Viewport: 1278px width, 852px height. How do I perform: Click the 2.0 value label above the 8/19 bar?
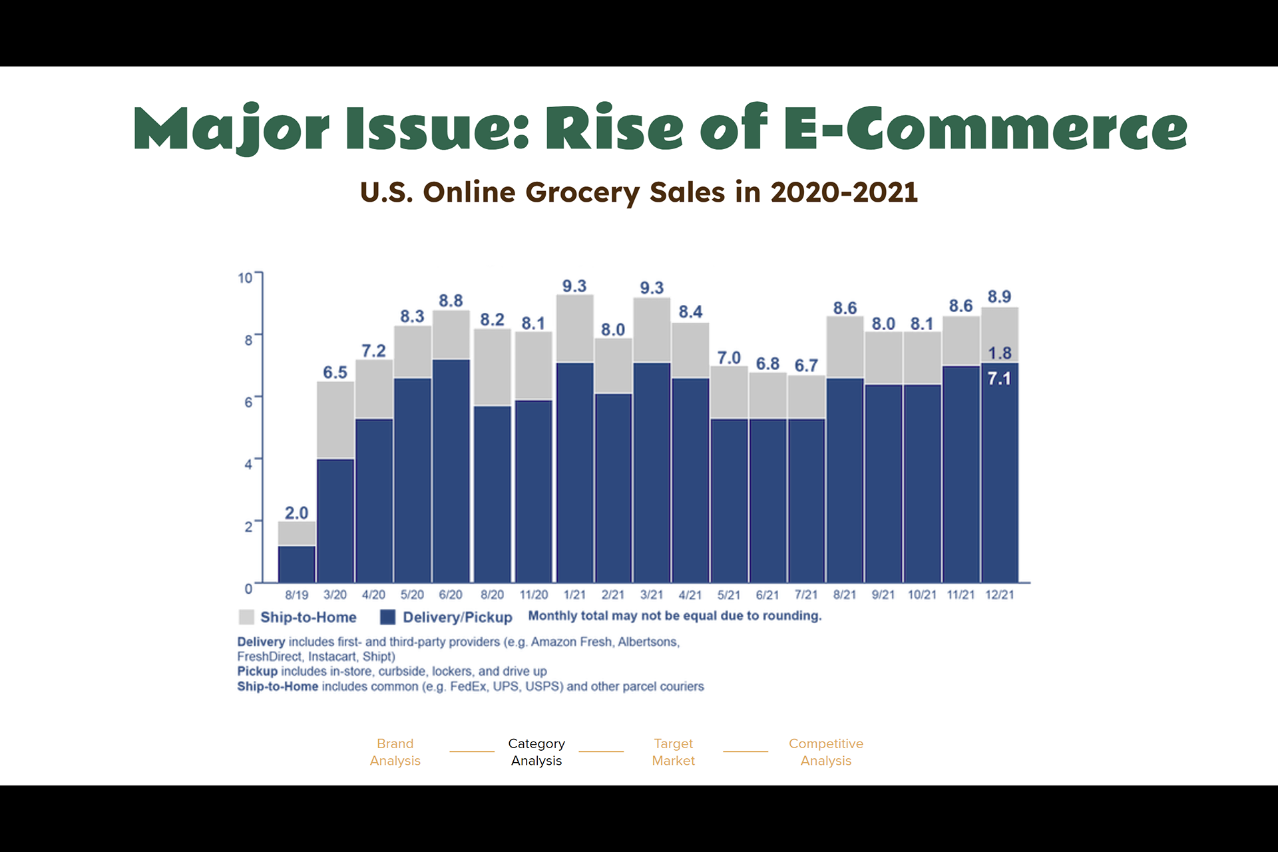pyautogui.click(x=296, y=513)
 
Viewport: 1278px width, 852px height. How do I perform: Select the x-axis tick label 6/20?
pyautogui.click(x=451, y=595)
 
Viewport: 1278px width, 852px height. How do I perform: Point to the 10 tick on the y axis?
pyautogui.click(x=245, y=278)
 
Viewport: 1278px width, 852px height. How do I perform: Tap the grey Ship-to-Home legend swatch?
pyautogui.click(x=246, y=617)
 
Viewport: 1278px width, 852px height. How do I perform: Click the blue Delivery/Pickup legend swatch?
pyautogui.click(x=387, y=617)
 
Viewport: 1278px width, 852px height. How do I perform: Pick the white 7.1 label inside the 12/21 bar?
pyautogui.click(x=999, y=379)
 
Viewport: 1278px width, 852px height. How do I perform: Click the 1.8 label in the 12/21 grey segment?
pyautogui.click(x=999, y=353)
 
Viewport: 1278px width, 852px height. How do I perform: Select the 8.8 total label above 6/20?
pyautogui.click(x=451, y=301)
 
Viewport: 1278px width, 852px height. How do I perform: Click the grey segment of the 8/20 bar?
pyautogui.click(x=493, y=367)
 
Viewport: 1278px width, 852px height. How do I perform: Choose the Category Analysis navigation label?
pyautogui.click(x=536, y=752)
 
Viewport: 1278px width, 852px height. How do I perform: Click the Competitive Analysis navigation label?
pyautogui.click(x=826, y=752)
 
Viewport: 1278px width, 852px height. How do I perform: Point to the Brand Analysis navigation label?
pyautogui.click(x=395, y=752)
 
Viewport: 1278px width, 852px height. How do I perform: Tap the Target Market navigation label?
pyautogui.click(x=673, y=752)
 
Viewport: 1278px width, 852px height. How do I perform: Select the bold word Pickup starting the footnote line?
pyautogui.click(x=258, y=671)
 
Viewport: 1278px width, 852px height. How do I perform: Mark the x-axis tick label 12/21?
pyautogui.click(x=999, y=595)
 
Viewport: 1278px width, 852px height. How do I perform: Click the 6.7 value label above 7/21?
pyautogui.click(x=806, y=365)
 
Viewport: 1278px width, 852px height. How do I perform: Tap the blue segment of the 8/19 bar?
pyautogui.click(x=297, y=564)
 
